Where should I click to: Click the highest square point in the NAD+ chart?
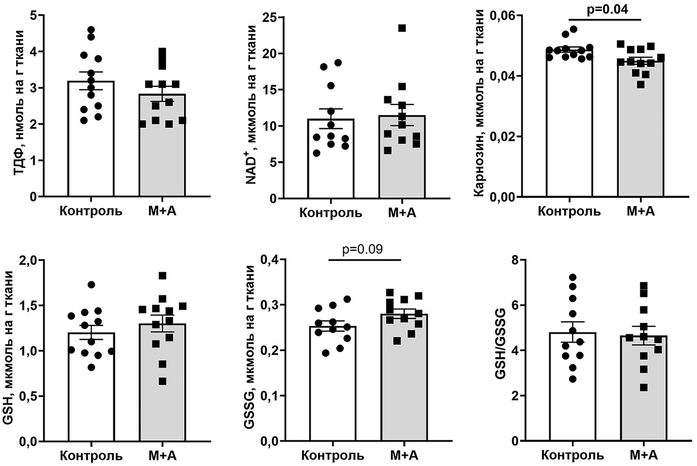(402, 28)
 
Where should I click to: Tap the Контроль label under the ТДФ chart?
(91, 211)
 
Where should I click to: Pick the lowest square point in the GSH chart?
(163, 381)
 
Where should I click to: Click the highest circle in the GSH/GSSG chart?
(573, 278)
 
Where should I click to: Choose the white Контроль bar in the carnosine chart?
(569, 140)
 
